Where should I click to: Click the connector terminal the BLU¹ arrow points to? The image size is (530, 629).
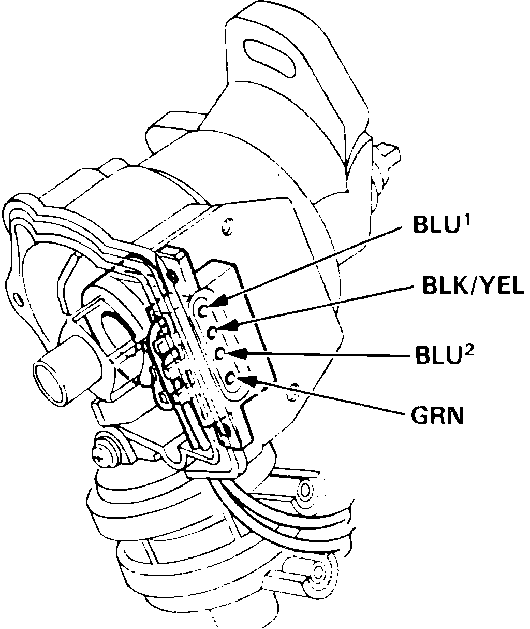tap(203, 310)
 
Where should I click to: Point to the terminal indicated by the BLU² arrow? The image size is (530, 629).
tap(220, 354)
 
